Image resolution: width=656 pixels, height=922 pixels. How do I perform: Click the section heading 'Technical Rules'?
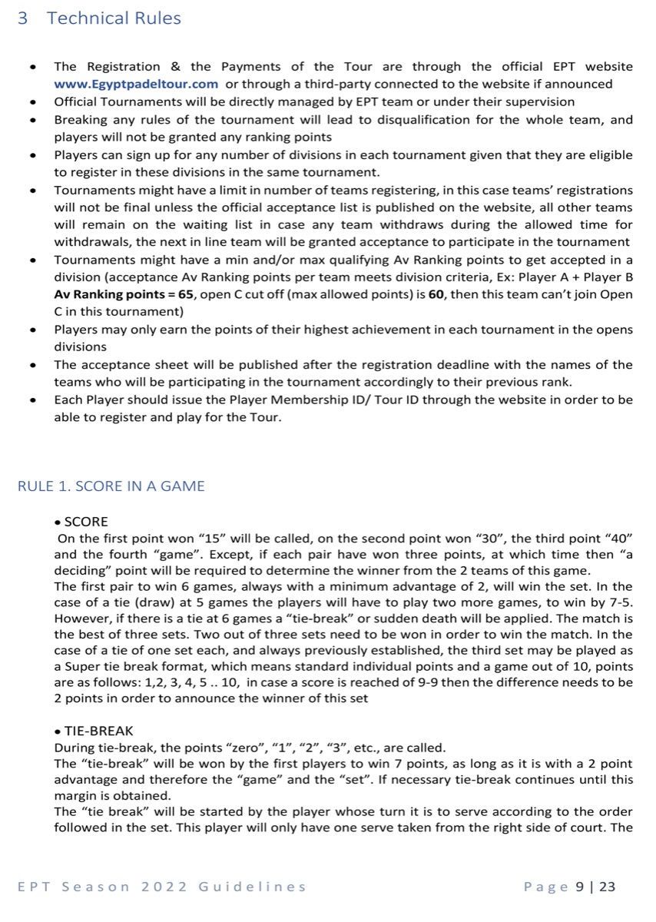pyautogui.click(x=114, y=18)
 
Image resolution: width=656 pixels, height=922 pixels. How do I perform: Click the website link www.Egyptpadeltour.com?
pyautogui.click(x=136, y=84)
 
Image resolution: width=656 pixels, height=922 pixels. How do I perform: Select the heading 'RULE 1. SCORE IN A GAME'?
pyautogui.click(x=111, y=486)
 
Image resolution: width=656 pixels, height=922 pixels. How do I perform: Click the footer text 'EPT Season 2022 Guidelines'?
pyautogui.click(x=161, y=887)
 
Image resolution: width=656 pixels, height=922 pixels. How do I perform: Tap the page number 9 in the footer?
pyautogui.click(x=580, y=887)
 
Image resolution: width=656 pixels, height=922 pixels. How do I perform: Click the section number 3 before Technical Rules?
pyautogui.click(x=22, y=18)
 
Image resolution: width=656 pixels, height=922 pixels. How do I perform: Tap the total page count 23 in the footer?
pyautogui.click(x=607, y=887)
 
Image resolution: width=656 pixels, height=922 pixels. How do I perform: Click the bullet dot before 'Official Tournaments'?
pyautogui.click(x=32, y=102)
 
